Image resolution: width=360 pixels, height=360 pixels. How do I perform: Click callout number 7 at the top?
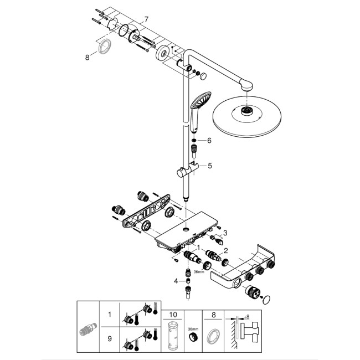[x=146, y=20]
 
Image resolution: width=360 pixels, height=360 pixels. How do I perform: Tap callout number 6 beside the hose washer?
[x=210, y=141]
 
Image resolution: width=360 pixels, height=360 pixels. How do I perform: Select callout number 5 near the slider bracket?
[x=210, y=165]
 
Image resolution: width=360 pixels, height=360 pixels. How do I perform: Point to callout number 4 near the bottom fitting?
[x=176, y=281]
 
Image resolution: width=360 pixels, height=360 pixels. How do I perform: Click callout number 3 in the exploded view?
[x=225, y=233]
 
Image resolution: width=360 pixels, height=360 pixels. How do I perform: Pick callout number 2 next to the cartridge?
[x=225, y=250]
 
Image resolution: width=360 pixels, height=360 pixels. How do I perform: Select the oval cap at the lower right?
[x=266, y=300]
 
